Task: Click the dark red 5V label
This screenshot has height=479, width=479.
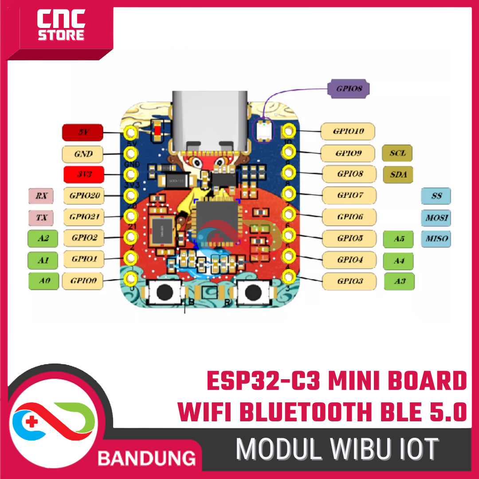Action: pos(83,132)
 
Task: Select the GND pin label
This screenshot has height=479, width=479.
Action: pos(83,154)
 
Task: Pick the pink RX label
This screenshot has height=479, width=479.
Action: pos(41,196)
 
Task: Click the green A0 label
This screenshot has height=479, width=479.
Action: pos(43,281)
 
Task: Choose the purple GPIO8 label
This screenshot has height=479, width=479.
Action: pos(349,88)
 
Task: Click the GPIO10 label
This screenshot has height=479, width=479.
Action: pos(349,131)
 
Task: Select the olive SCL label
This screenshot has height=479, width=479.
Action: pos(397,153)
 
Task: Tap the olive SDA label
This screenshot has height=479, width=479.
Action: pos(397,174)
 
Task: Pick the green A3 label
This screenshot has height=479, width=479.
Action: pos(399,281)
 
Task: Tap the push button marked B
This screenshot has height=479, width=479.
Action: pos(165,292)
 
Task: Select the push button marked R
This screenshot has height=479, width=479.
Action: pos(253,292)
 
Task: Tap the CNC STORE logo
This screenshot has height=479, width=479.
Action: pos(61,27)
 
